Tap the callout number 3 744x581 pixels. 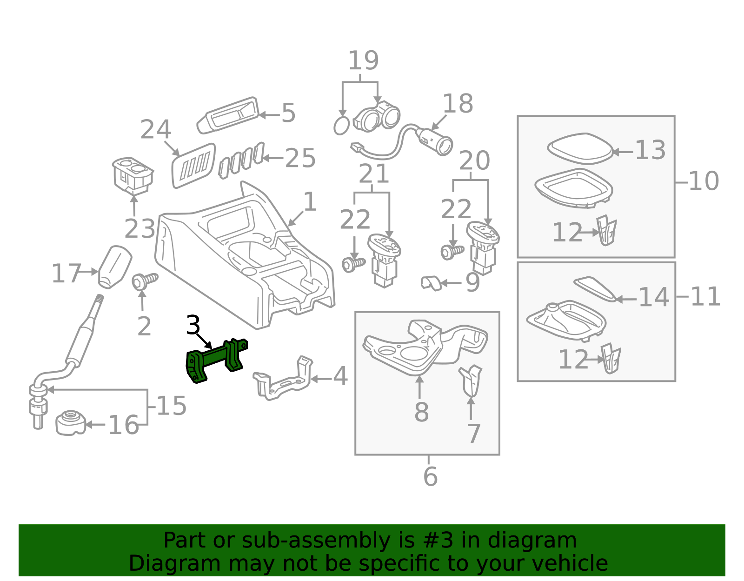click(x=193, y=325)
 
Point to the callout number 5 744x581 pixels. click(x=288, y=113)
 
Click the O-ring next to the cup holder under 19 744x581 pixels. click(x=341, y=126)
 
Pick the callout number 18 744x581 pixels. click(x=458, y=103)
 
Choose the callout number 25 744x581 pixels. click(x=300, y=158)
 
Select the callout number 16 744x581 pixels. click(x=123, y=425)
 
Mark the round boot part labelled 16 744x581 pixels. click(x=71, y=422)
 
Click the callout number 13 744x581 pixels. click(x=650, y=150)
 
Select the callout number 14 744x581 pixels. click(x=654, y=297)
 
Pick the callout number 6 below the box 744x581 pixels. click(x=430, y=476)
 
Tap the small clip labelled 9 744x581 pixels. click(x=431, y=282)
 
